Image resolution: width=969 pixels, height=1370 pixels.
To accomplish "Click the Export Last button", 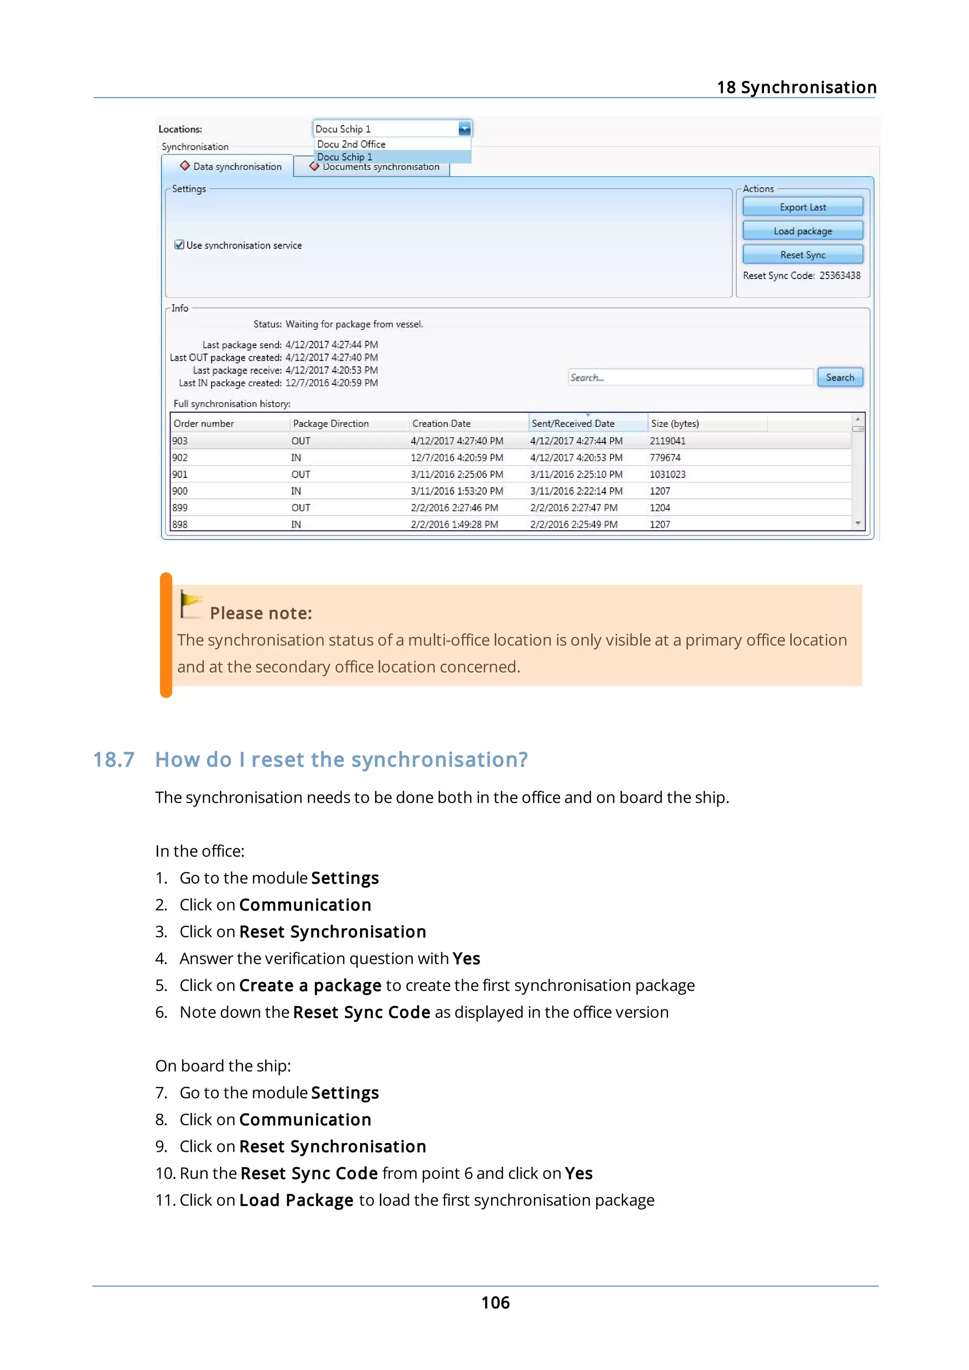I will point(802,207).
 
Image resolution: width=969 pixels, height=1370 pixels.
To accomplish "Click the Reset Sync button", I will point(802,255).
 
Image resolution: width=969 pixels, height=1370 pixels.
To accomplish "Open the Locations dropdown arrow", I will point(464,129).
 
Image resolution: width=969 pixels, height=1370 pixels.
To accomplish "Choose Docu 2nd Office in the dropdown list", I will point(351,144).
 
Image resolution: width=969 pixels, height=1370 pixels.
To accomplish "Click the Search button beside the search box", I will point(839,377).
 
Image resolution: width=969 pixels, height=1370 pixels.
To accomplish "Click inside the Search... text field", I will point(689,377).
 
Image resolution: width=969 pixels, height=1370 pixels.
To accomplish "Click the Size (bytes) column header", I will point(675,423).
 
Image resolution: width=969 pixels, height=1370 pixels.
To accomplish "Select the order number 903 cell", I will point(180,441).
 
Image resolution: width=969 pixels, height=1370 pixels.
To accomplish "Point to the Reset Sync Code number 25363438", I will point(839,276).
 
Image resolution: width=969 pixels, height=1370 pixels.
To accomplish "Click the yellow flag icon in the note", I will point(191,604).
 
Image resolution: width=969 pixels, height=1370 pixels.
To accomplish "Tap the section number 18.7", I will point(114,760).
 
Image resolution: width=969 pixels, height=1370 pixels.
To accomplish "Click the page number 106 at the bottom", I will point(495,1302).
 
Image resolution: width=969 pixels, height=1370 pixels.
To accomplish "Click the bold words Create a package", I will point(310,985).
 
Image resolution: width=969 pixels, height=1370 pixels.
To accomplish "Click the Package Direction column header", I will point(331,423).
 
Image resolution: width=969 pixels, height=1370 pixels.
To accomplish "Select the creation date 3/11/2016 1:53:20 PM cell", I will point(456,491).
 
